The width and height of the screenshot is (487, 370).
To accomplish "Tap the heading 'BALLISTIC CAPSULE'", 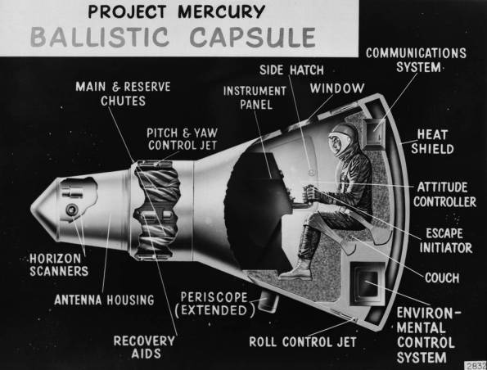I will coord(171,38).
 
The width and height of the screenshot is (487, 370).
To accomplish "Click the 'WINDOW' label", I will coord(331,87).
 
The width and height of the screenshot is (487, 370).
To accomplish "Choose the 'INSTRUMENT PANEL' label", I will coord(254,97).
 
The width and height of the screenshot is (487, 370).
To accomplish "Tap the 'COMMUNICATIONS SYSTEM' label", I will coord(416,60).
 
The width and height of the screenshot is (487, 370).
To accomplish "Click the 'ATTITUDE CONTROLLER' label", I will coord(446,193).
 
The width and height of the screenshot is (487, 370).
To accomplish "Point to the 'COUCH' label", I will coord(441,278).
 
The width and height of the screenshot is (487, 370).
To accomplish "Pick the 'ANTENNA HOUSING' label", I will coord(104,300).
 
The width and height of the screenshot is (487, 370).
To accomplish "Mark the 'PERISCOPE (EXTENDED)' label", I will coord(215,303).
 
